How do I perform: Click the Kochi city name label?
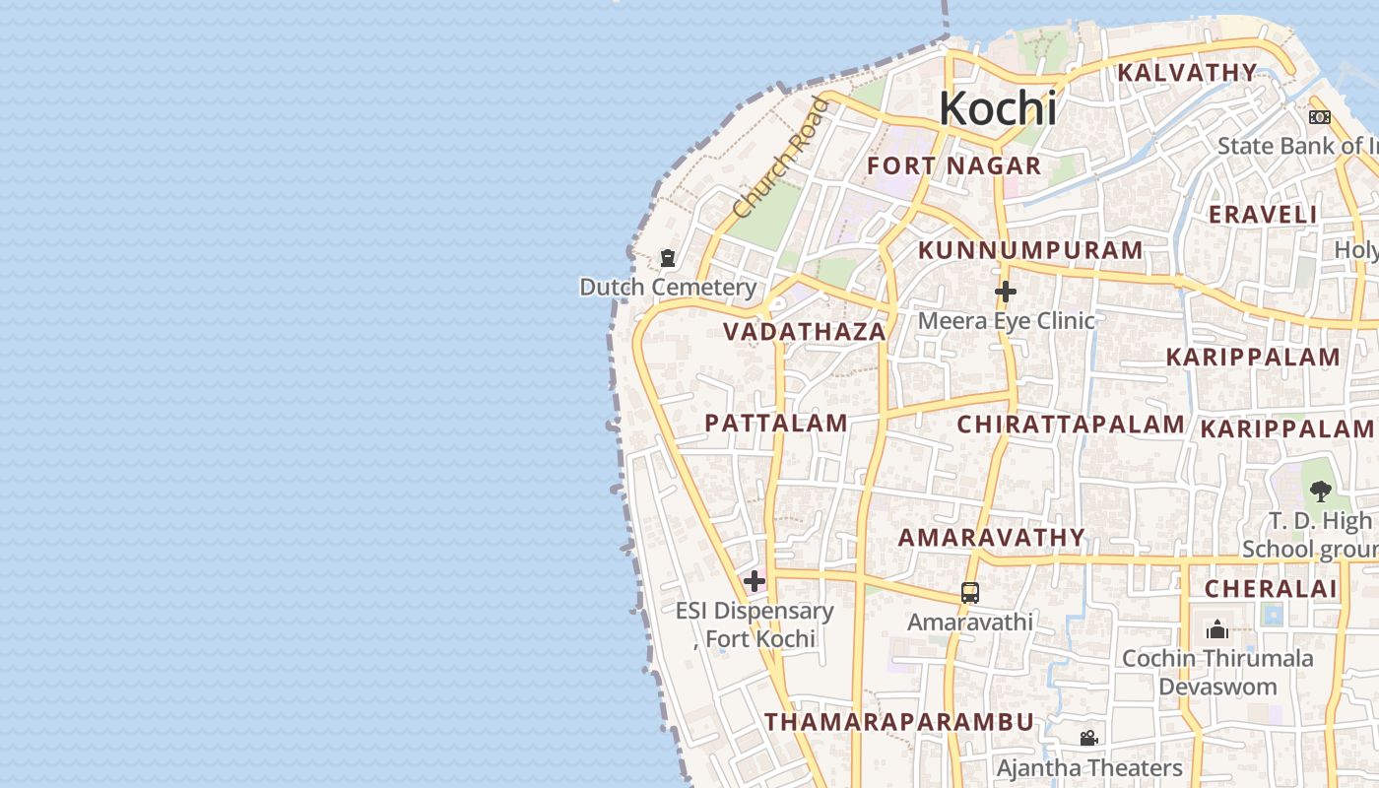click(x=997, y=108)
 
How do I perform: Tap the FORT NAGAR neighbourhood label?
click(x=953, y=165)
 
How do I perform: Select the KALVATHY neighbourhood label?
click(x=1187, y=73)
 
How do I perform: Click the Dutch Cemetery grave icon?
click(x=668, y=259)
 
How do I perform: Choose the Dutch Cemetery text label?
click(x=668, y=288)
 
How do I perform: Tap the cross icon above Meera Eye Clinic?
click(x=1005, y=292)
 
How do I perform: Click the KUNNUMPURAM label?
click(x=1030, y=250)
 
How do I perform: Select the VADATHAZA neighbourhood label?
click(x=805, y=332)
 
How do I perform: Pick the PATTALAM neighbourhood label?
click(x=776, y=424)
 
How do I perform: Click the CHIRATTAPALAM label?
click(x=1071, y=425)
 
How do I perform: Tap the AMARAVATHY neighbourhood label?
click(x=991, y=538)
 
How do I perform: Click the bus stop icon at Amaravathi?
click(x=970, y=593)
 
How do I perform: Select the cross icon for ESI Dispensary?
click(x=755, y=581)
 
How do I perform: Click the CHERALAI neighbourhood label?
click(x=1272, y=589)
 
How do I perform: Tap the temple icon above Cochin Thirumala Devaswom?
click(x=1217, y=629)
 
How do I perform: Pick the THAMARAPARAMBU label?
click(x=899, y=722)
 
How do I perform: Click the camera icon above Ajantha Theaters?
click(x=1088, y=738)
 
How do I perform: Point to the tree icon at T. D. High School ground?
click(x=1320, y=491)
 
